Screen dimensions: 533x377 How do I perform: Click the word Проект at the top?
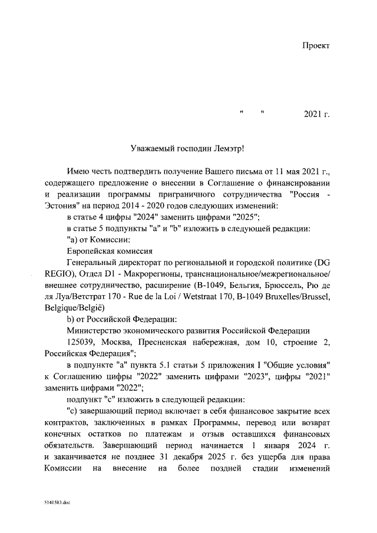pyautogui.click(x=316, y=46)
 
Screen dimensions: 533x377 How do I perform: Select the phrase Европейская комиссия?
pyautogui.click(x=103, y=251)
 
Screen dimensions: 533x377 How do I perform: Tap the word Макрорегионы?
pyautogui.click(x=154, y=273)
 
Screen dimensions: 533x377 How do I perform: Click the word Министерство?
pyautogui.click(x=98, y=329)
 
